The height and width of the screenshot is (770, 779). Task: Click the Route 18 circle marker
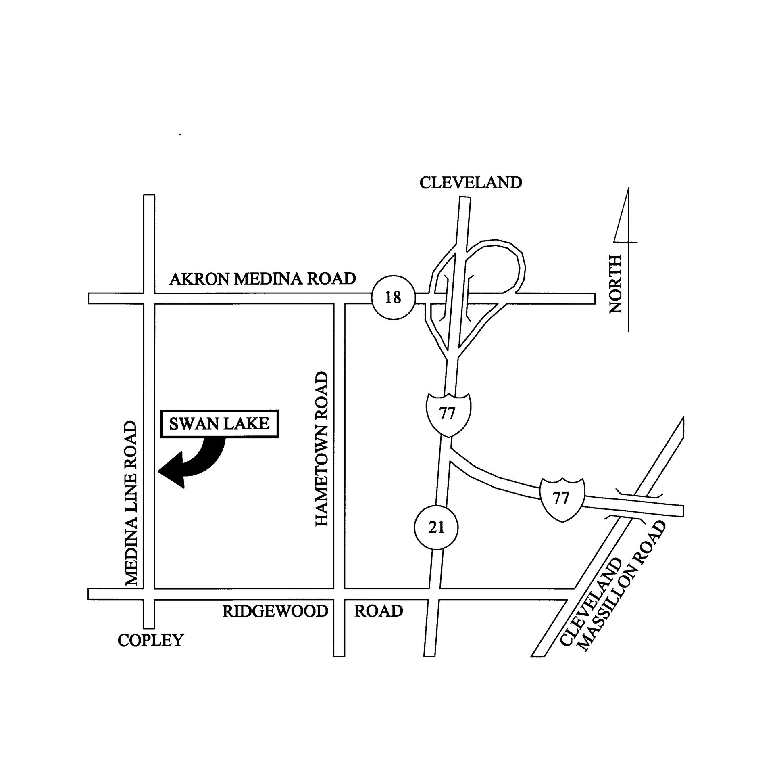[393, 298]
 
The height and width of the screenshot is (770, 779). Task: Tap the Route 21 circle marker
[436, 527]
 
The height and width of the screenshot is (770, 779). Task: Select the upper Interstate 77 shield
[447, 414]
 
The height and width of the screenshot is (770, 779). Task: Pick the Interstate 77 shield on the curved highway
[561, 499]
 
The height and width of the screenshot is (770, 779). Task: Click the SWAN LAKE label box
[219, 424]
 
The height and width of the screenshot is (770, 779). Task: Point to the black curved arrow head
[171, 470]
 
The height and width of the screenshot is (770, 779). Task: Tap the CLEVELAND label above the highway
[471, 183]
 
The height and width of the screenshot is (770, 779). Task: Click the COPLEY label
[150, 640]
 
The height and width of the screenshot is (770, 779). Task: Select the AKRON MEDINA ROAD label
[262, 279]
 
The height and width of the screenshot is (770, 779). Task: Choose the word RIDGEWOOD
[275, 611]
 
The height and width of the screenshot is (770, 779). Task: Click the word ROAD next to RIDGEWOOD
[378, 611]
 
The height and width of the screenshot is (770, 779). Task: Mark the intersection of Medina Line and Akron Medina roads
[149, 298]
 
